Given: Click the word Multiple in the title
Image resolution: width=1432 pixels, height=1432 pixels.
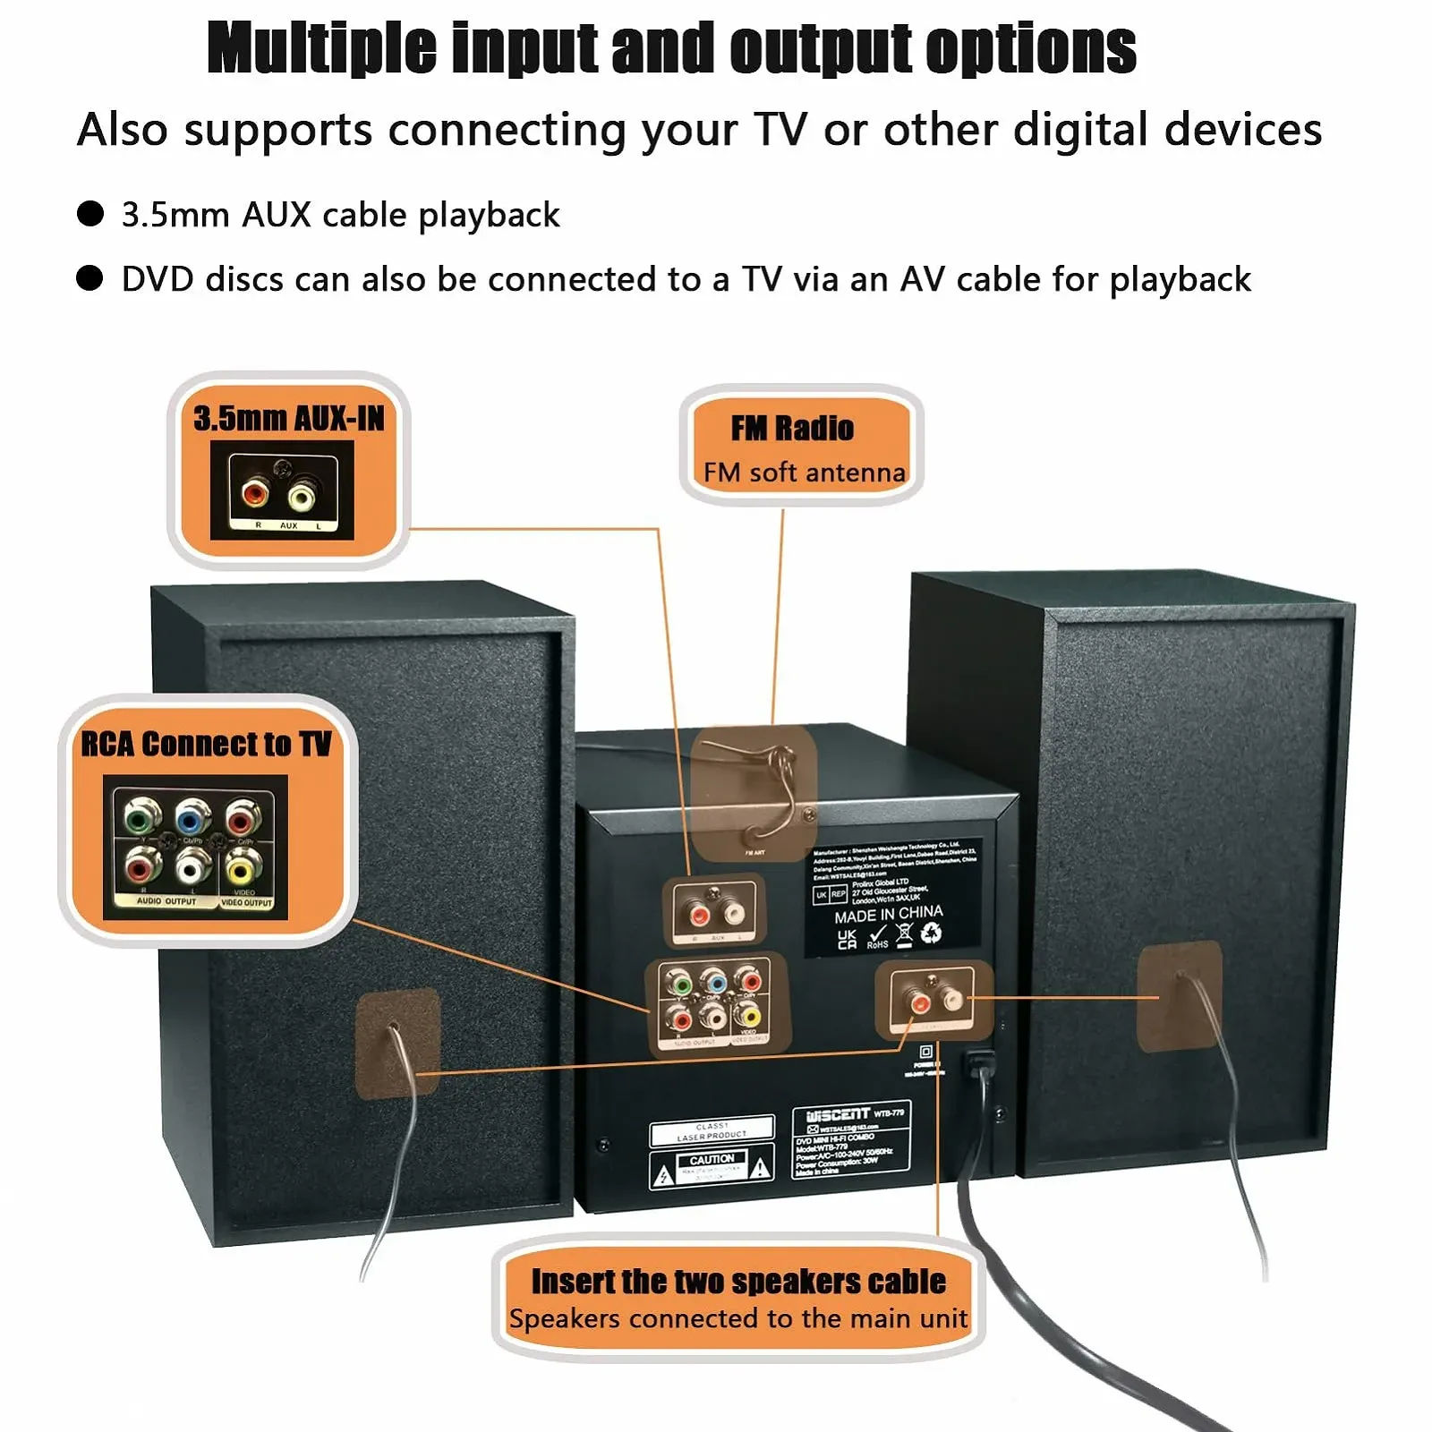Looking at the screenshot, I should click(x=323, y=48).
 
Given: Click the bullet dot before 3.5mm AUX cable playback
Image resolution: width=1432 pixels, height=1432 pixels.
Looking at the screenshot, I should click(x=90, y=214).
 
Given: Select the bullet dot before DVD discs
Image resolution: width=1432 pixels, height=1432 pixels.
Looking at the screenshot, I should click(x=90, y=278).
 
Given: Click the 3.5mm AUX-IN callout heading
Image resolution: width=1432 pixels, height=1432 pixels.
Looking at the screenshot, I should click(x=288, y=419).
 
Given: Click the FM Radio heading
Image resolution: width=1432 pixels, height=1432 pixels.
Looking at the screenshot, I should click(x=792, y=429).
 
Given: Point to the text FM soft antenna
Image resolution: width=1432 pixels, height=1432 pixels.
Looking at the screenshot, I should click(x=804, y=472).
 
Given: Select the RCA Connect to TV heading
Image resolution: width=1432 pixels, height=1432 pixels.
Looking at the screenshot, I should click(x=206, y=744).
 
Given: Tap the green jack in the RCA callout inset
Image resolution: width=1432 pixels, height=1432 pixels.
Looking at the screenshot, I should click(x=138, y=817).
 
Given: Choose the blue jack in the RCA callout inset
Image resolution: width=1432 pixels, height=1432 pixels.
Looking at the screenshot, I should click(x=189, y=817).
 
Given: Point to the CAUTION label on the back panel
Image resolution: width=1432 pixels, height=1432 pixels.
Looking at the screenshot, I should click(x=712, y=1159).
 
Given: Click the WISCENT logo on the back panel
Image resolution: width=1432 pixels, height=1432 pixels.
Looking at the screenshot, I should click(x=837, y=1115).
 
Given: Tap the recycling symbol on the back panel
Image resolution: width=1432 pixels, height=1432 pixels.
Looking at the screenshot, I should click(x=932, y=933).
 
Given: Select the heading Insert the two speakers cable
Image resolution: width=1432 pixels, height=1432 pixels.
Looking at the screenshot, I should click(x=738, y=1281).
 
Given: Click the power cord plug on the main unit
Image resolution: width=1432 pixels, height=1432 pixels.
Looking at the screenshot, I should click(x=978, y=1065).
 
